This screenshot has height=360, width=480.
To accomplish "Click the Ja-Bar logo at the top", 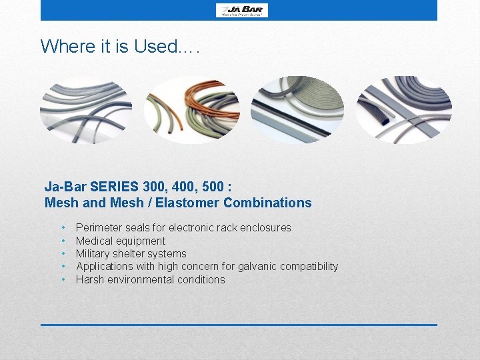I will (241, 10).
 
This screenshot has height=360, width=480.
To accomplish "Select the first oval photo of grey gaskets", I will (85, 109).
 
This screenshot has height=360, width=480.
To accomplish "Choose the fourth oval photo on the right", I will (403, 109).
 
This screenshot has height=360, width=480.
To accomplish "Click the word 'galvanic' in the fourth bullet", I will (255, 267).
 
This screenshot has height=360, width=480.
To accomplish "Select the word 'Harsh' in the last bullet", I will (90, 279).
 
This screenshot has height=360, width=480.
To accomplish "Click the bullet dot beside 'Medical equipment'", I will (63, 241).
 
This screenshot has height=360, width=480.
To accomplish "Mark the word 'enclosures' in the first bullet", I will (267, 228).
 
